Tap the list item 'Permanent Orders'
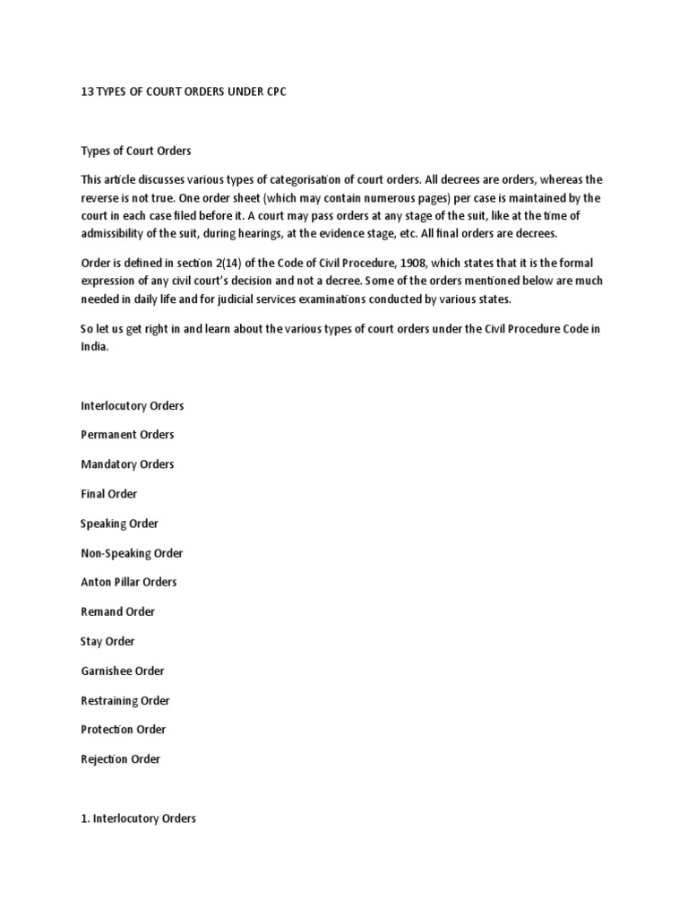[x=127, y=435]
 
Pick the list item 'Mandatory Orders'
[x=127, y=464]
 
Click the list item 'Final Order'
[x=108, y=494]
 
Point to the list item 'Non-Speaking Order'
[x=132, y=553]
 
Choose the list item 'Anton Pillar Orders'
[x=129, y=582]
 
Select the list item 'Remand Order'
[x=117, y=611]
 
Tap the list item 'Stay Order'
[x=107, y=641]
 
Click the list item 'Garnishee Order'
[x=123, y=671]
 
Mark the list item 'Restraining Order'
[x=125, y=700]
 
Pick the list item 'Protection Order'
[x=124, y=729]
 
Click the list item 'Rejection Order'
[x=121, y=758]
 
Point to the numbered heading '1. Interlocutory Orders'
[x=138, y=818]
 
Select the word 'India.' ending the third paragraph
[x=94, y=347]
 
